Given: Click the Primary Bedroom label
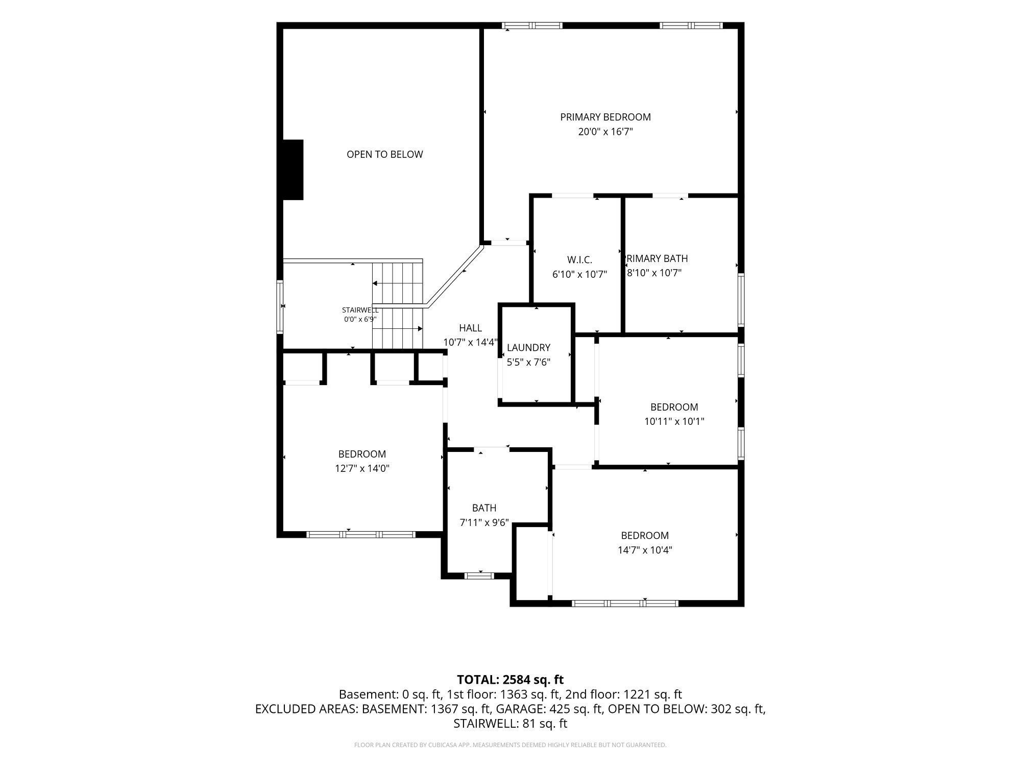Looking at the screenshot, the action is (x=605, y=117).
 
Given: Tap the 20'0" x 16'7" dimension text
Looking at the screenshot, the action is (x=605, y=132).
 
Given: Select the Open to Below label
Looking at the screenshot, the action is (x=385, y=154).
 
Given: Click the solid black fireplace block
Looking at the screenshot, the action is (x=293, y=170).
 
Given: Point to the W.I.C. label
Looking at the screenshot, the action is (x=579, y=260).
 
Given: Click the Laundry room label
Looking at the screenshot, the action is (x=528, y=348).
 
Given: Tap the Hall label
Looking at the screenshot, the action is (x=470, y=328).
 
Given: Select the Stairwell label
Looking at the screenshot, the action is (x=360, y=310).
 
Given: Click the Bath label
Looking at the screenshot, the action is (x=484, y=508).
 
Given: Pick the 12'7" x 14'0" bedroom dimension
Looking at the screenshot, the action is (x=362, y=468).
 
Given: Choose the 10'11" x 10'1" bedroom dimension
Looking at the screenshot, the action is (x=674, y=421).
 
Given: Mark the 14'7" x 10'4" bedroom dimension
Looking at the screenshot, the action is (x=645, y=550).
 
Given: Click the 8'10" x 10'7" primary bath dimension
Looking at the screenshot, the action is (x=654, y=273).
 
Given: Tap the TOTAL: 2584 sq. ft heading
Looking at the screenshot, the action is (x=510, y=680).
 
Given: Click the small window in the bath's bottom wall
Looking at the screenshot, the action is (x=479, y=576).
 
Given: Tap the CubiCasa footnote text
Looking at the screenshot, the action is (x=510, y=745).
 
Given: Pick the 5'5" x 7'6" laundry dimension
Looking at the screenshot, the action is (x=528, y=363).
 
